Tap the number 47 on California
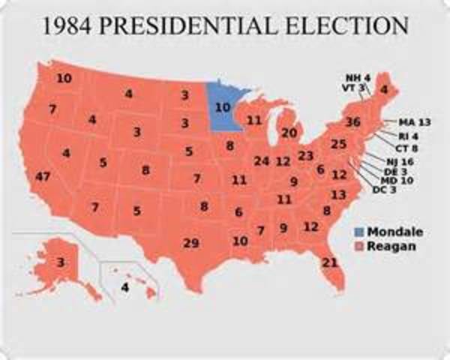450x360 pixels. pos(43,177)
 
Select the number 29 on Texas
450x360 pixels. pos(191,242)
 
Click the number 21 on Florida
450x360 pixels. pos(330,262)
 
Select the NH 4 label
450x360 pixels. pos(357,77)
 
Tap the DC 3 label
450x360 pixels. pos(385,189)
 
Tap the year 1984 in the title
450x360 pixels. pos(70,26)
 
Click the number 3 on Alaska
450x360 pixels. pos(60,262)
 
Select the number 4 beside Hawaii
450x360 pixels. pos(125,286)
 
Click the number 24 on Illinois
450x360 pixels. pos(261,160)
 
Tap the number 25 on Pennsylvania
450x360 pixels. pos(338,144)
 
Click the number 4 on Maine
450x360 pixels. pos(384,91)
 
